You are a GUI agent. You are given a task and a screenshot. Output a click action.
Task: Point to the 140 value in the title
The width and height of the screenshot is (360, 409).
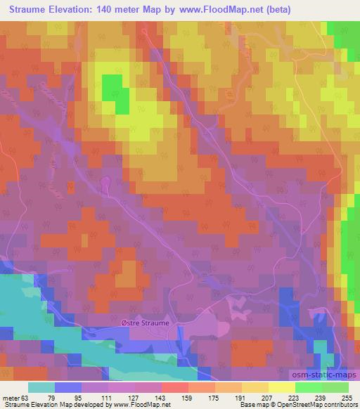106,10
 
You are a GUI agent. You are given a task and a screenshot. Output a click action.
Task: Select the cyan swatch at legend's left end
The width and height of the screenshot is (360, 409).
42,388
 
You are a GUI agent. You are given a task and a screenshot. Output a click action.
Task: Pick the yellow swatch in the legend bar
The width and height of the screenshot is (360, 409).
282,388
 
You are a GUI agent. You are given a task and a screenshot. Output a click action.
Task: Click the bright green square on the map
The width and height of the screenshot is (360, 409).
111,92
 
